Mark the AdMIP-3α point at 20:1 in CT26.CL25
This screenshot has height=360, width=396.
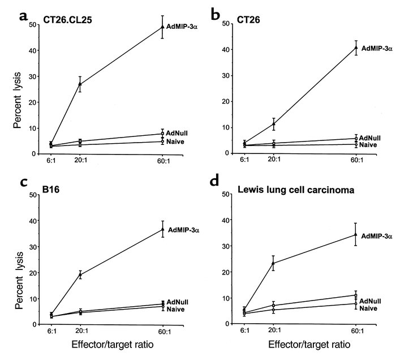(80, 84)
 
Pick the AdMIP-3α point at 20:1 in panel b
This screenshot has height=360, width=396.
(274, 123)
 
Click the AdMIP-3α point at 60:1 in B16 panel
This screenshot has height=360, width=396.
(162, 229)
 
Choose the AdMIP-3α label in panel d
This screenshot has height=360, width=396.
(376, 235)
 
